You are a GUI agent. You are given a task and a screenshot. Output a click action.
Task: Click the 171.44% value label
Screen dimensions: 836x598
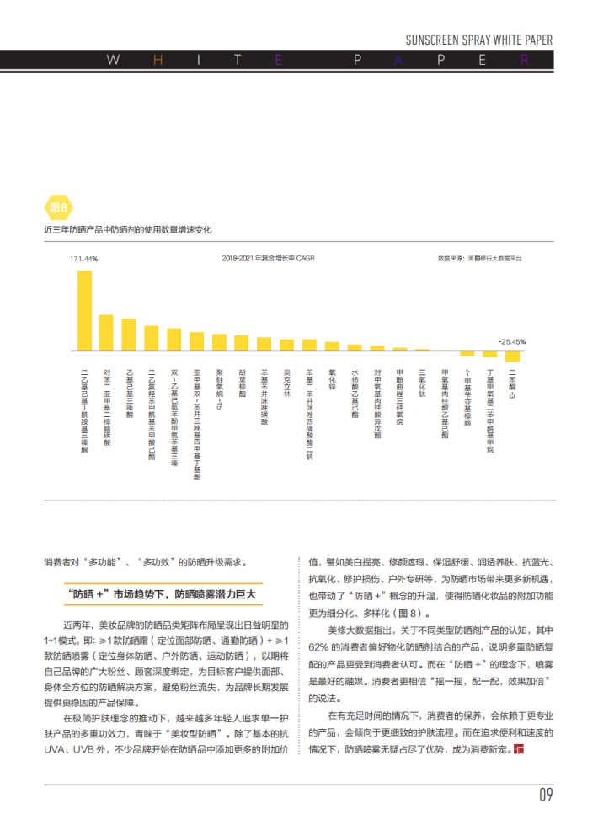83,259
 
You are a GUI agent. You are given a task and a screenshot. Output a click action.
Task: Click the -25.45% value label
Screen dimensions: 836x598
510,341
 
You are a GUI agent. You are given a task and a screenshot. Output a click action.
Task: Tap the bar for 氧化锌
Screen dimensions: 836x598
332,346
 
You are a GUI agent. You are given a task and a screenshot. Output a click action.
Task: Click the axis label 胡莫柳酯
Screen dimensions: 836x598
242,383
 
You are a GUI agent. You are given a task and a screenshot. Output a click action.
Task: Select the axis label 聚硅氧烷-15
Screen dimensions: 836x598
219,389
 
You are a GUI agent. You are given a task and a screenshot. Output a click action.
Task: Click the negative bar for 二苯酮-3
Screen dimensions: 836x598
512,356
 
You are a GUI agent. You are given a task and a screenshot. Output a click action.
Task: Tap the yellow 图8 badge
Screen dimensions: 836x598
59,206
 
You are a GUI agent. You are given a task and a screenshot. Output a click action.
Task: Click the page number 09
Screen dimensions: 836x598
546,795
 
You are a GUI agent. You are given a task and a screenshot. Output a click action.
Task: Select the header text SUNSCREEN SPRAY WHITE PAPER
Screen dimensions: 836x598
478,40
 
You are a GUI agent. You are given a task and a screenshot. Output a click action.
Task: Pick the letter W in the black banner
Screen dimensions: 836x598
113,61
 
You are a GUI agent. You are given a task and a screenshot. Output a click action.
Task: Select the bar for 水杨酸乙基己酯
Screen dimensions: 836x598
355,346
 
